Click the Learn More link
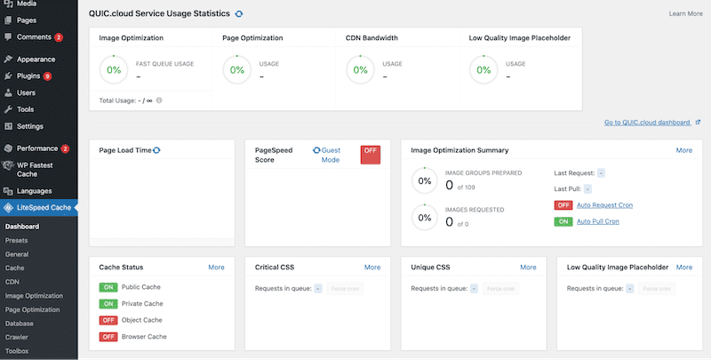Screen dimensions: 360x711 pos(684,14)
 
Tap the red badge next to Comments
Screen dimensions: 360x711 pos(59,37)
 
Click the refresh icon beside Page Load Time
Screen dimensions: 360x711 pos(157,150)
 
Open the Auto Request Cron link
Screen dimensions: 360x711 pos(604,205)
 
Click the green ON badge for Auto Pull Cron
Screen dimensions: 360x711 pos(563,220)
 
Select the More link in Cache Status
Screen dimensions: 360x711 pos(216,267)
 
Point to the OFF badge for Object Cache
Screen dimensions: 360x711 pos(108,320)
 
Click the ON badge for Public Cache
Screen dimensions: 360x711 pos(108,288)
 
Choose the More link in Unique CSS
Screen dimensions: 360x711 pos(528,267)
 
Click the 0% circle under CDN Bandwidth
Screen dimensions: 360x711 pos(361,69)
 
